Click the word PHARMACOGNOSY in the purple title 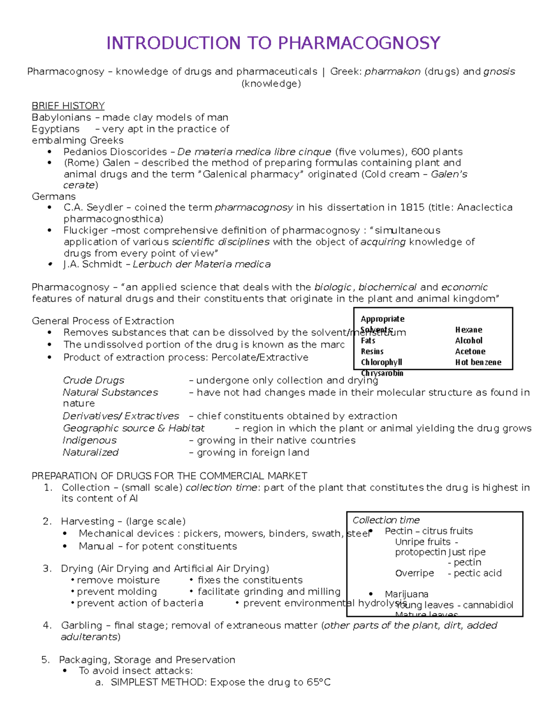(x=359, y=43)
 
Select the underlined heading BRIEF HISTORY (x=68, y=106)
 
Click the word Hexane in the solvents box (x=468, y=330)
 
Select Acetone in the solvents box (x=470, y=352)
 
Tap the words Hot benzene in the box (x=478, y=363)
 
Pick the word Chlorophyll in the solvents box (x=381, y=363)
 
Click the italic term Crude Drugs (x=93, y=381)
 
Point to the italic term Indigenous (x=89, y=440)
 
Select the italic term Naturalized (x=90, y=452)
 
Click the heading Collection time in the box (x=386, y=520)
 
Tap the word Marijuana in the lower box (x=406, y=594)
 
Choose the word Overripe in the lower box (x=414, y=573)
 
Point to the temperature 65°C (x=318, y=683)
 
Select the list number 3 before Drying (x=47, y=569)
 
